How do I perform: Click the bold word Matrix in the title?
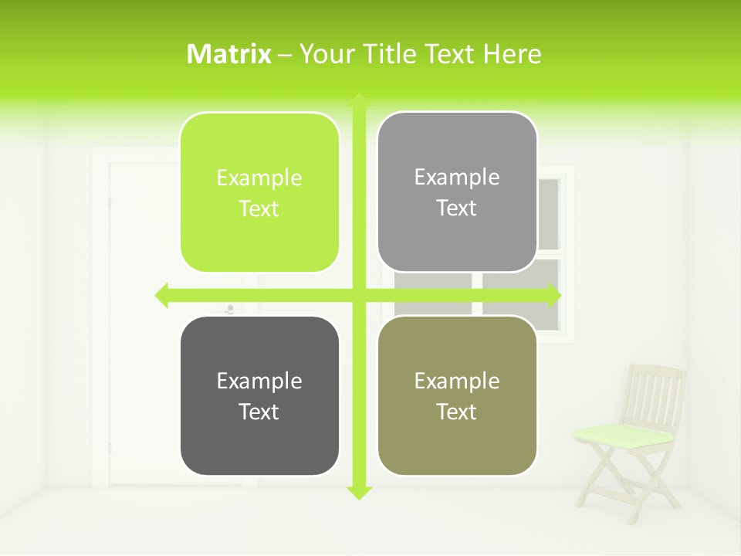(x=229, y=54)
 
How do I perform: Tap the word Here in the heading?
(x=512, y=54)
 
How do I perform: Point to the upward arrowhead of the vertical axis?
(x=359, y=100)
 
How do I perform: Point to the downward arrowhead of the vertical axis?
(x=359, y=492)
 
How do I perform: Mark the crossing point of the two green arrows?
(x=359, y=295)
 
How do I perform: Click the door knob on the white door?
(x=229, y=310)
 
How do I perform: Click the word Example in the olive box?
(x=457, y=381)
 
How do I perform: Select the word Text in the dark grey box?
(x=259, y=412)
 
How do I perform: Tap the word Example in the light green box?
(x=259, y=178)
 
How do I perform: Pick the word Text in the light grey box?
(x=457, y=208)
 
